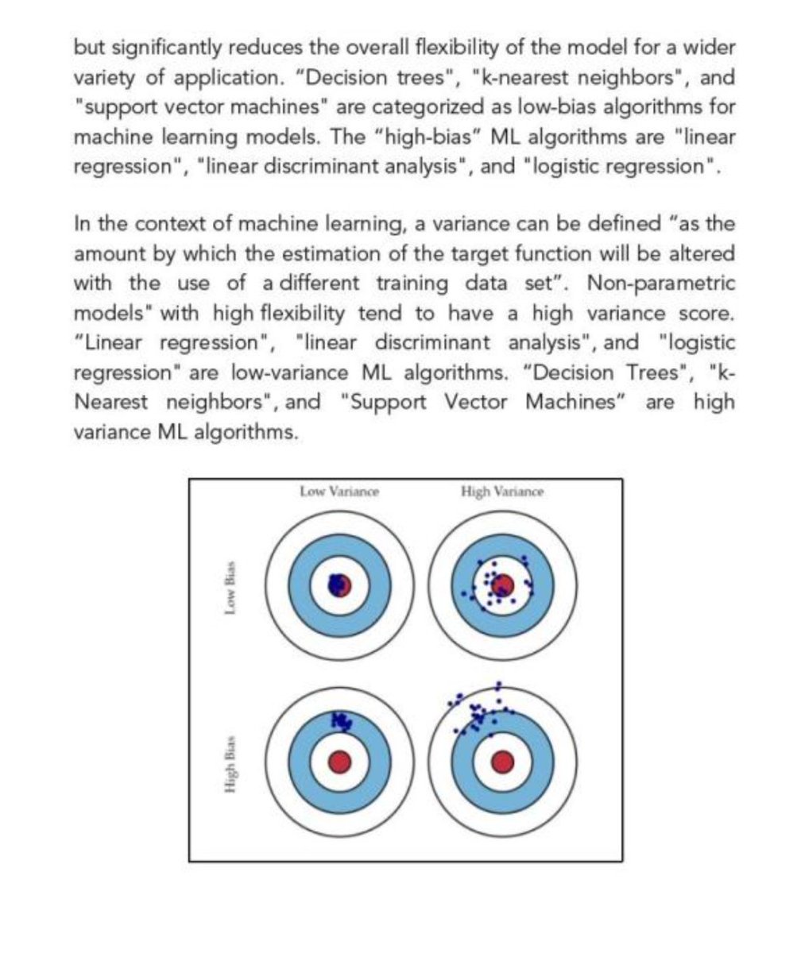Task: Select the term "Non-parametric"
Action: [660, 284]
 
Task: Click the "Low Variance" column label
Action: [339, 492]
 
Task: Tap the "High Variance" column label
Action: [501, 492]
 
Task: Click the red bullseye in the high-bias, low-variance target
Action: [339, 762]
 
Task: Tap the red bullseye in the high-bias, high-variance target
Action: [501, 762]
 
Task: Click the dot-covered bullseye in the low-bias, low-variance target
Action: [339, 585]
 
